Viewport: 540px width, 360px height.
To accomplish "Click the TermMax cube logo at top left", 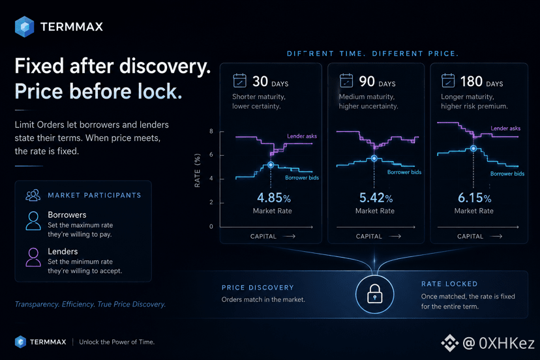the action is [24, 27].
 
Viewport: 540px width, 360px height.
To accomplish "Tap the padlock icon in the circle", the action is [375, 294].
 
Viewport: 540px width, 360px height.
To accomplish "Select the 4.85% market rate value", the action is [274, 198].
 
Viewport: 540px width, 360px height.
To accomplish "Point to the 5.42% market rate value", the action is [376, 198].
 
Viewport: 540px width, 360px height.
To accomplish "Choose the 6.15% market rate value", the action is [475, 198].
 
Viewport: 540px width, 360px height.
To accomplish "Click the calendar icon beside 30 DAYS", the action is [240, 81].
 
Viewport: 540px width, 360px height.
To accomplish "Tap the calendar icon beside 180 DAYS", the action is [448, 81].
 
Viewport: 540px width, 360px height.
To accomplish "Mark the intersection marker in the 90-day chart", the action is [374, 158].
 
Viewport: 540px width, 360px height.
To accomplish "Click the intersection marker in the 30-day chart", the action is [271, 165].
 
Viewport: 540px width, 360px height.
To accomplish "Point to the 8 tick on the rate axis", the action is [211, 131].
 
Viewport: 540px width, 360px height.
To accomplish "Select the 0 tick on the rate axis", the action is [211, 226].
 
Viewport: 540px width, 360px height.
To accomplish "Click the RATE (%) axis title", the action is [198, 170].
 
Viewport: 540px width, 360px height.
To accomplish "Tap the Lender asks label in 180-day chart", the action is [505, 128].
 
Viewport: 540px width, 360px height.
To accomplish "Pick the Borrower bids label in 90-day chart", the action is [404, 172].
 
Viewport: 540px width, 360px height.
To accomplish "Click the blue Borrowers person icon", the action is [33, 221].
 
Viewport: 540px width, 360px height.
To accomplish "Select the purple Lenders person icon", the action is [33, 258].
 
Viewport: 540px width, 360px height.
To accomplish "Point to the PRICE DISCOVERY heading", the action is [258, 288].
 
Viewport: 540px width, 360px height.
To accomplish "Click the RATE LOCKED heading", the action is [449, 284].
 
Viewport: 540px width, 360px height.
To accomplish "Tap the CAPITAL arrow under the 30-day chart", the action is [289, 236].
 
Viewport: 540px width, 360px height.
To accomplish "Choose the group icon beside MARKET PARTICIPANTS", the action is [33, 195].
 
